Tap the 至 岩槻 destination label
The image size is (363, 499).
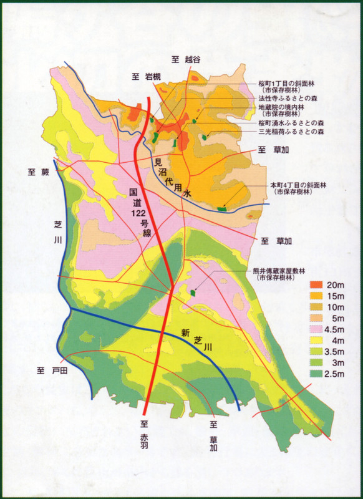pos(147,77)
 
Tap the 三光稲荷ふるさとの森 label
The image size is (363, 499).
pos(291,132)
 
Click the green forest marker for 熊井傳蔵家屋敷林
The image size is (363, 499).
pos(193,291)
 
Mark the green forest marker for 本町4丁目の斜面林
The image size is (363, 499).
pos(222,209)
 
